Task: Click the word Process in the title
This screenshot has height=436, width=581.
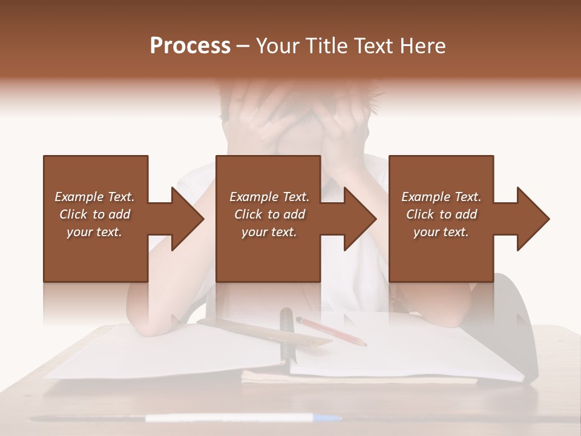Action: [x=190, y=46]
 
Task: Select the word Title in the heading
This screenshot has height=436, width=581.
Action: [x=327, y=46]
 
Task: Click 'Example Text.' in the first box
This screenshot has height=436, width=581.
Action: [x=94, y=197]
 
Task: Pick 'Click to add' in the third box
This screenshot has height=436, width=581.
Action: [x=441, y=214]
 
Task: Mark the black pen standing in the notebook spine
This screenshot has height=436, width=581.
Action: [x=286, y=333]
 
